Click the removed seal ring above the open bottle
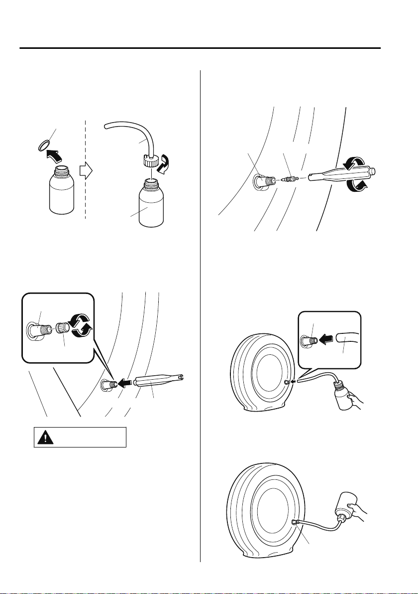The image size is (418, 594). tap(44, 145)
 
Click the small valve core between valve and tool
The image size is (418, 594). tap(289, 178)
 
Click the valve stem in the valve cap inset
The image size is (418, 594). tap(38, 330)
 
